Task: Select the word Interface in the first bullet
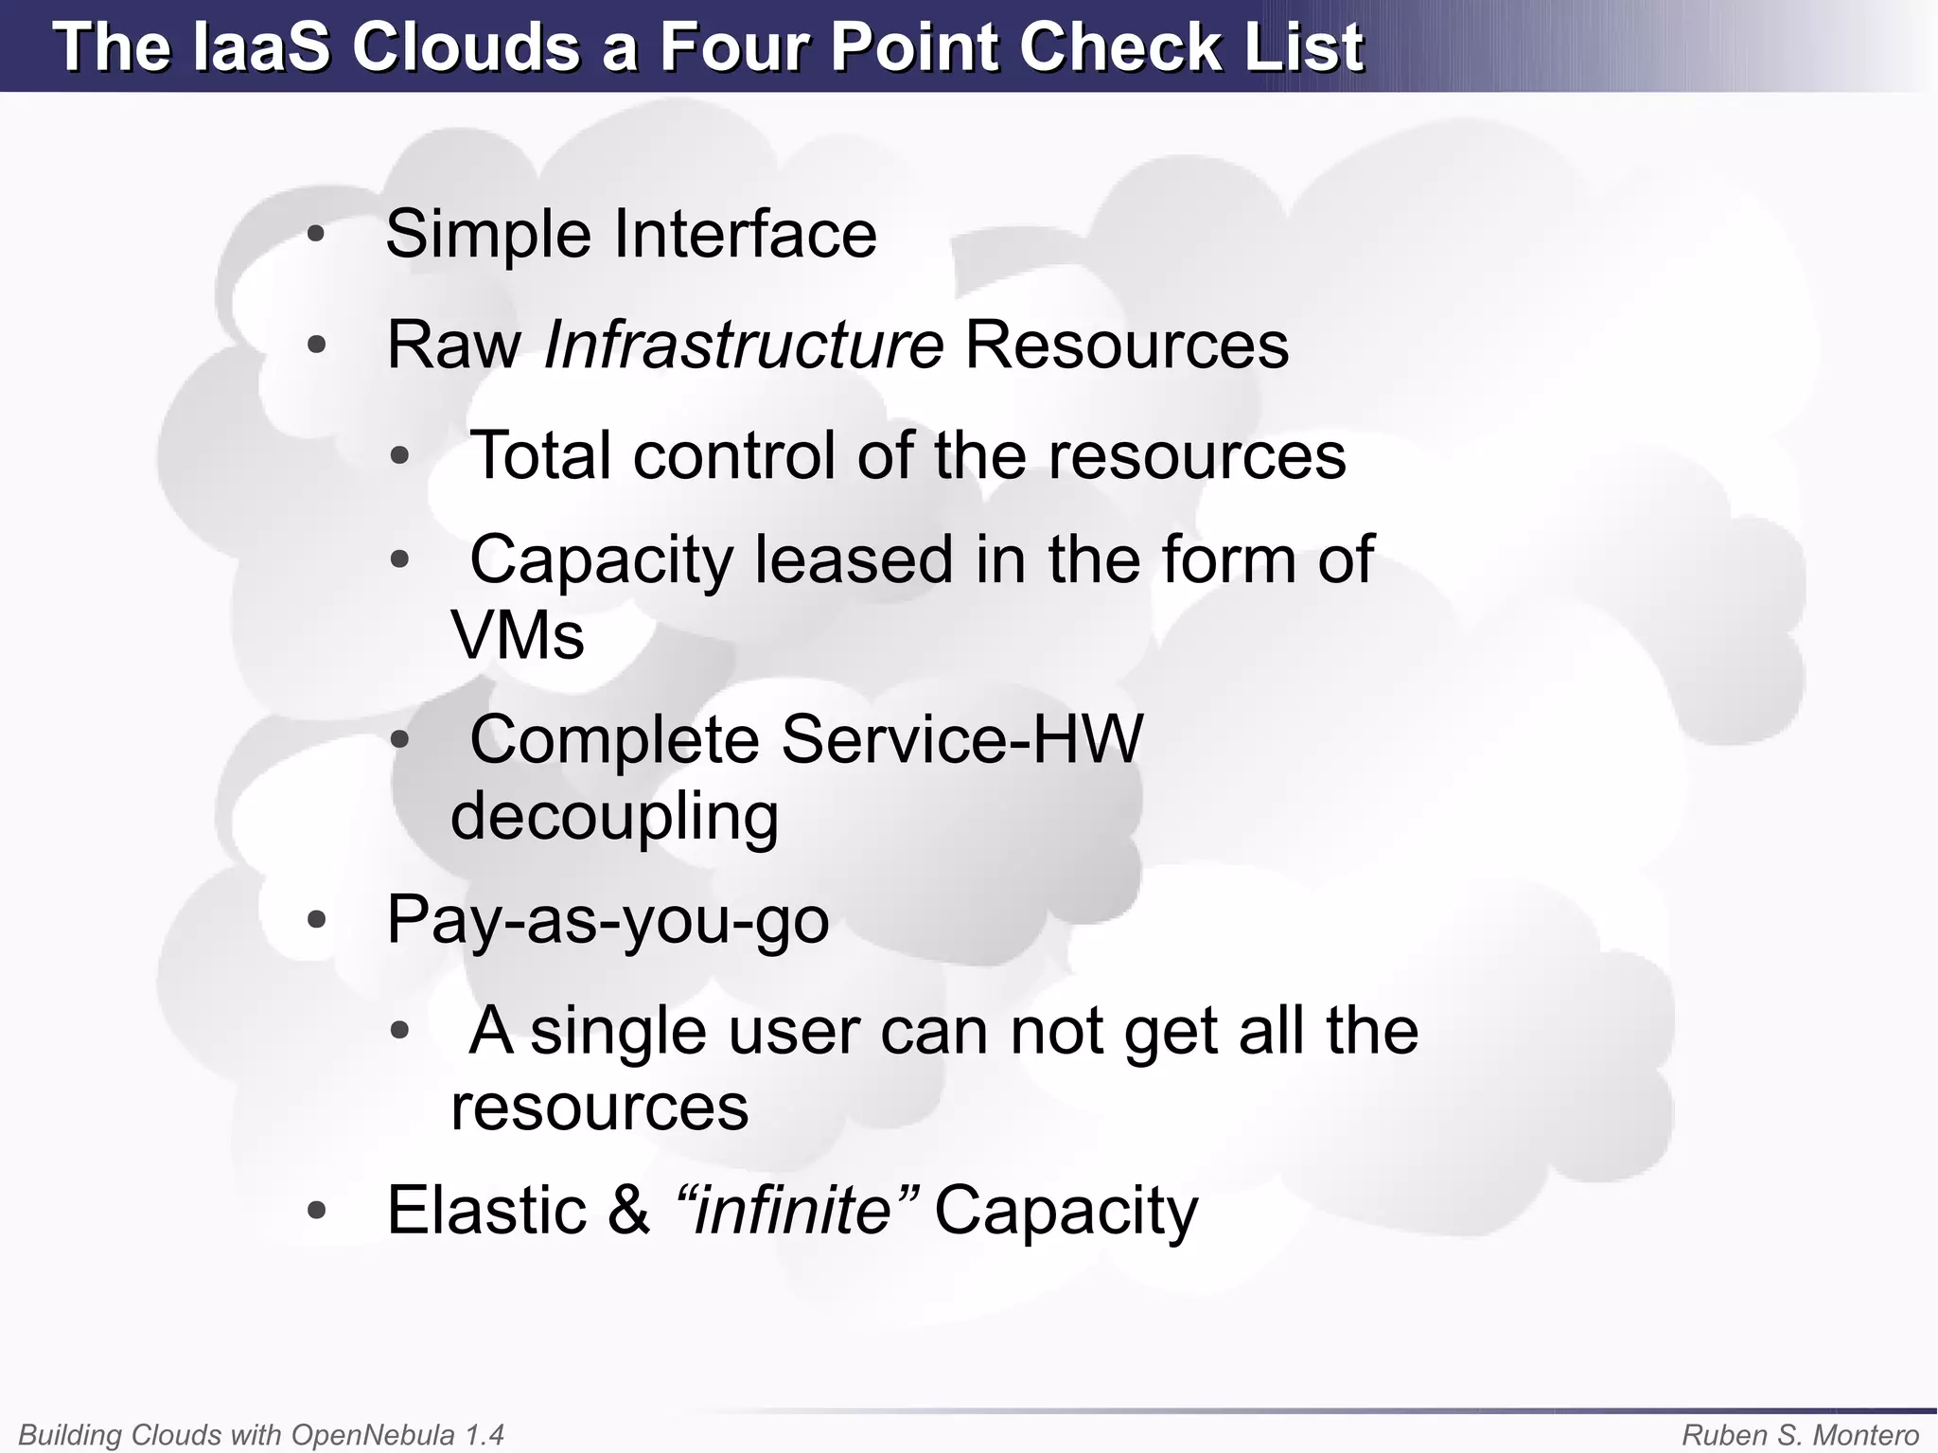click(x=746, y=234)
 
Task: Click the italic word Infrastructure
click(x=744, y=345)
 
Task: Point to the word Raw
click(x=454, y=345)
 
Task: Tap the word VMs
click(x=518, y=634)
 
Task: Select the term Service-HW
click(x=962, y=738)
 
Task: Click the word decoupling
click(x=614, y=815)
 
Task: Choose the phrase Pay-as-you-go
click(x=608, y=919)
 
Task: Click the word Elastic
click(x=486, y=1210)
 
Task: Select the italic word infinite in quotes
click(x=793, y=1210)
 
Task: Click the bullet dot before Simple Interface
click(x=317, y=234)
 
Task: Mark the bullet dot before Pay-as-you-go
click(x=317, y=919)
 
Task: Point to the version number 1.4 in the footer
click(x=484, y=1435)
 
